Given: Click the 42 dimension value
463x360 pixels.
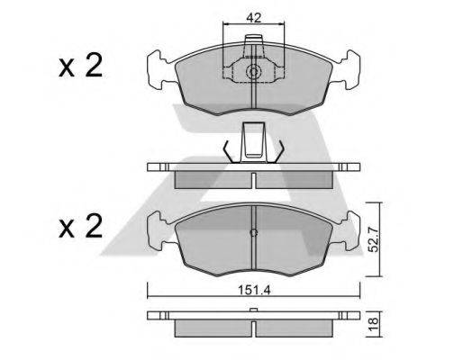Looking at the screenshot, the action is [x=254, y=17].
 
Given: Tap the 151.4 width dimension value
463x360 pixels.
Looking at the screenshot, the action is [x=254, y=290].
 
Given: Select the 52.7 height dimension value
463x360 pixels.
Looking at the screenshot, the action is [x=374, y=239].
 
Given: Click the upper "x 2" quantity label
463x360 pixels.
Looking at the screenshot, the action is [x=81, y=66].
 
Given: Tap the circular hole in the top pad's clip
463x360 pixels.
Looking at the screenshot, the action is [x=253, y=72].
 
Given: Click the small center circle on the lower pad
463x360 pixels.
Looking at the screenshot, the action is [x=254, y=232].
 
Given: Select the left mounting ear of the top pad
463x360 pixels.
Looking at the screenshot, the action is [x=159, y=70].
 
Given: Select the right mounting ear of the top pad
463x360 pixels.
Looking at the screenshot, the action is [x=349, y=70].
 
